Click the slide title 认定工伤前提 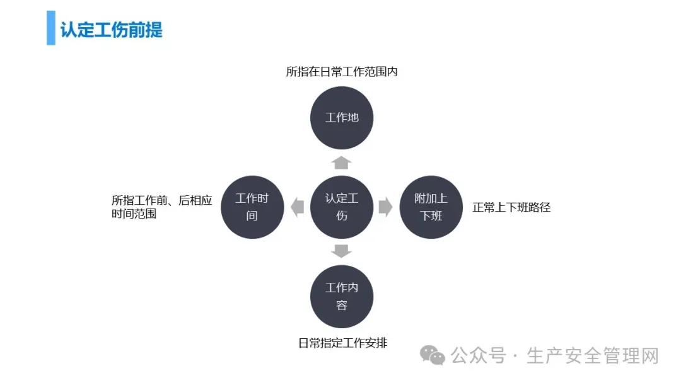coord(112,30)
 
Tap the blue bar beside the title coord(50,28)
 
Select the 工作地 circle coord(342,118)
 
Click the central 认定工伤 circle coord(342,207)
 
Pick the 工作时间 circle coord(252,207)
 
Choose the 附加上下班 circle coord(431,207)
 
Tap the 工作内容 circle coord(342,297)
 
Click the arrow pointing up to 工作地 coord(342,163)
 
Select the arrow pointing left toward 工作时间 coord(297,207)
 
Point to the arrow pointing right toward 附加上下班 coord(386,207)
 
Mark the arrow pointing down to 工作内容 coord(342,251)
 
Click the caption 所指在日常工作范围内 coord(342,72)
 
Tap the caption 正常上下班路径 coord(511,207)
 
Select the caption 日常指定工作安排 coord(342,343)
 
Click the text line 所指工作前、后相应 coord(162,200)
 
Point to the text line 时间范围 coord(134,214)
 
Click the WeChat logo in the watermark coord(433,355)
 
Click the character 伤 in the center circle coord(342,215)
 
